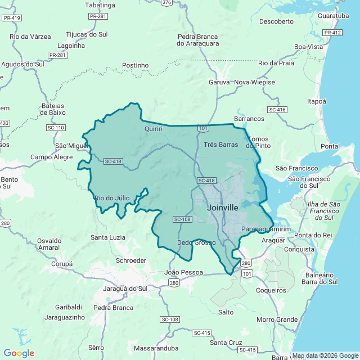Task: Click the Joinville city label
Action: click(x=222, y=208)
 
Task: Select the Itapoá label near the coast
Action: click(x=316, y=101)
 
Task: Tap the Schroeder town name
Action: click(x=130, y=260)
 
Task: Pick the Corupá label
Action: click(x=62, y=264)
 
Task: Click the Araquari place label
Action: click(x=274, y=240)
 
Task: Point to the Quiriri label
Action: click(x=154, y=129)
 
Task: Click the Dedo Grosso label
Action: click(x=193, y=243)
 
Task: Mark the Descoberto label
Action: click(x=277, y=21)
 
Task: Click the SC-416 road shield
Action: click(x=277, y=110)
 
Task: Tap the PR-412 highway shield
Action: click(x=332, y=33)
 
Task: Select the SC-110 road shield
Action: click(x=56, y=128)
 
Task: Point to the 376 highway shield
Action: click(x=166, y=3)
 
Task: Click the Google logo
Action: click(x=19, y=353)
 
